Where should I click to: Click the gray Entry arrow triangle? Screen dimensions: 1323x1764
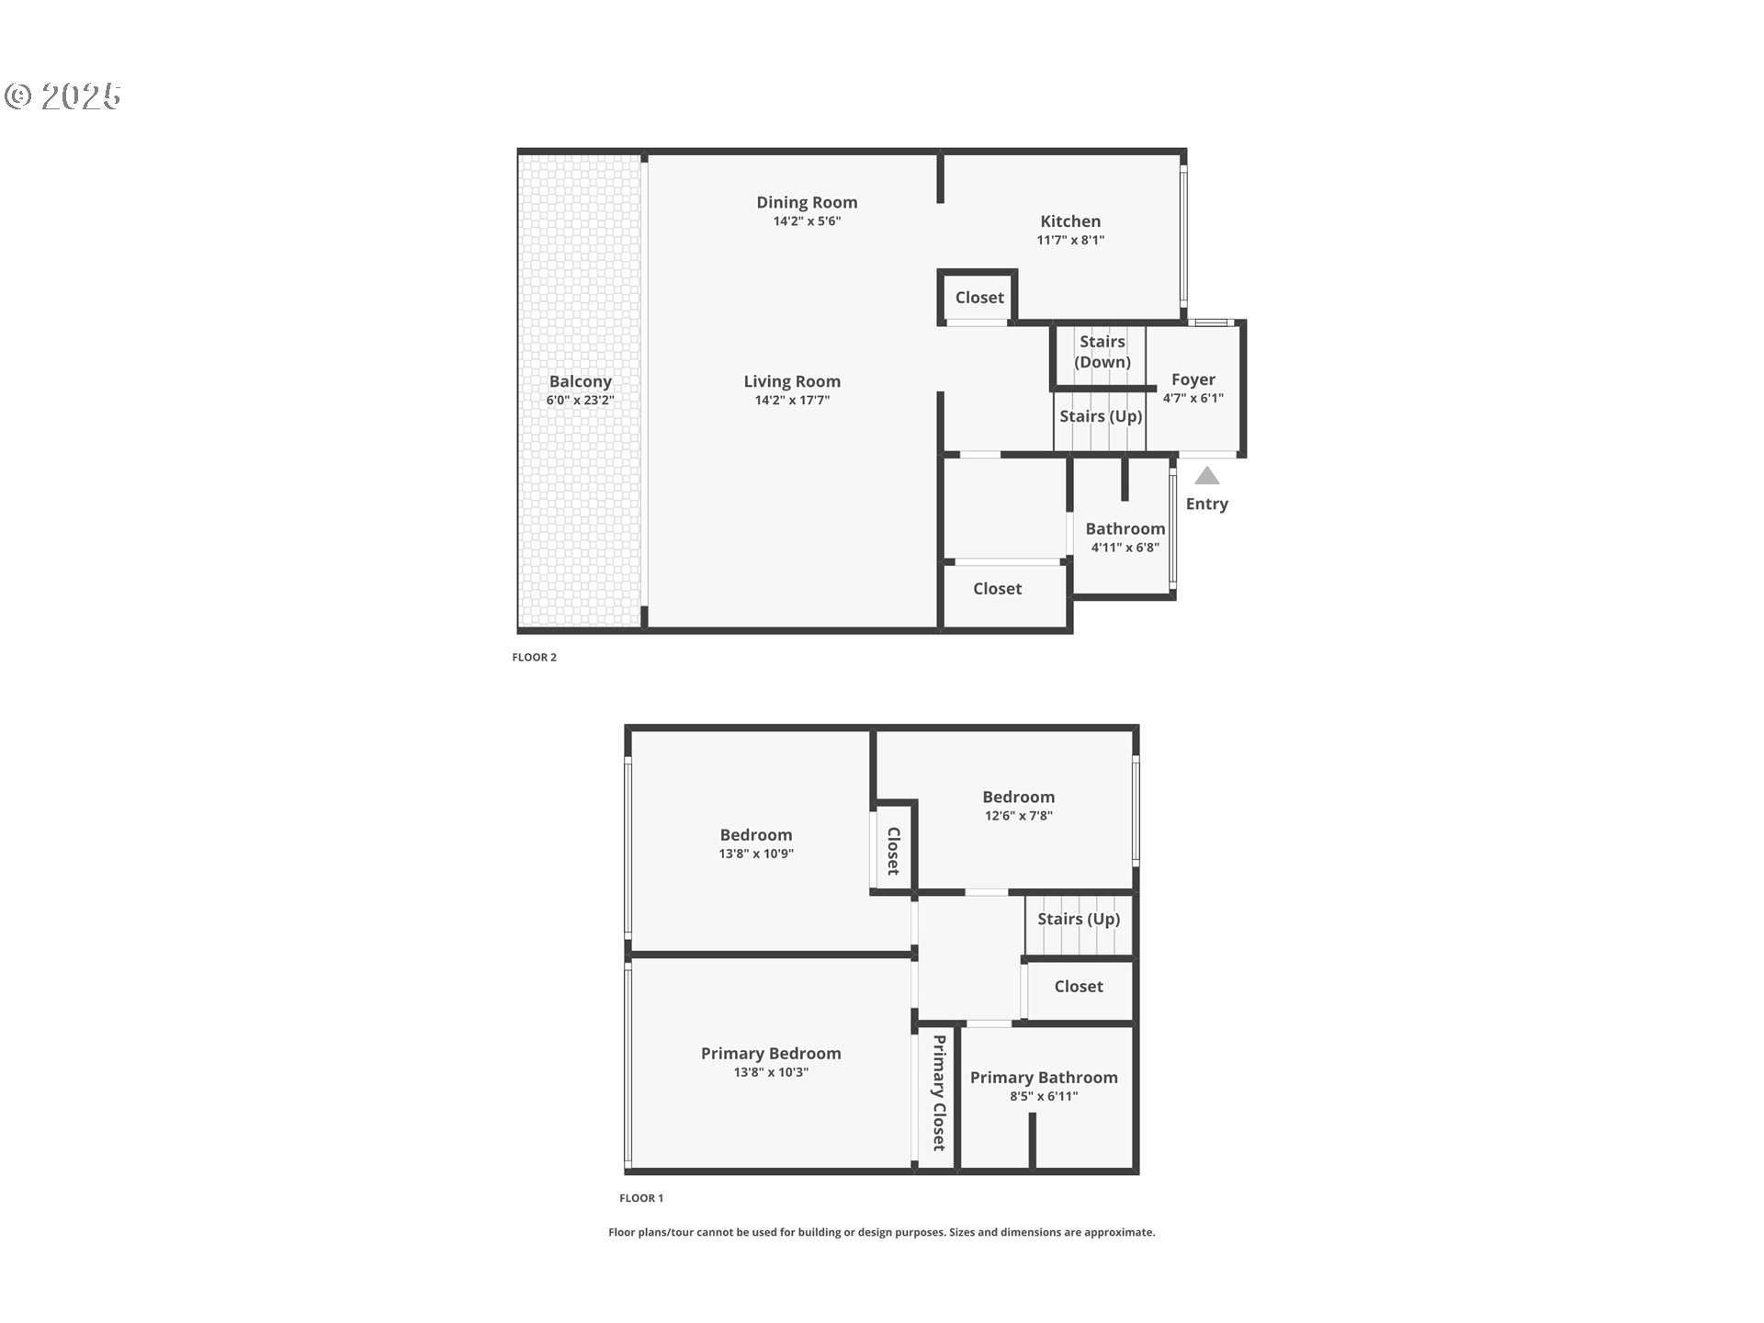pyautogui.click(x=1206, y=476)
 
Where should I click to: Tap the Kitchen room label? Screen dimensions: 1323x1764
pyautogui.click(x=1070, y=221)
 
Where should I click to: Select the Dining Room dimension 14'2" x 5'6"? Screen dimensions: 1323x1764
pyautogui.click(x=807, y=221)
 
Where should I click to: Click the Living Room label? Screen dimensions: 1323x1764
pyautogui.click(x=792, y=381)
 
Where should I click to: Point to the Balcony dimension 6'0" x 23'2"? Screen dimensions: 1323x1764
pyautogui.click(x=580, y=401)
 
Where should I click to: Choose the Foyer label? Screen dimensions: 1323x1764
pyautogui.click(x=1193, y=379)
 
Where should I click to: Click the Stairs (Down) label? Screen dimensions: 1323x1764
pyautogui.click(x=1102, y=352)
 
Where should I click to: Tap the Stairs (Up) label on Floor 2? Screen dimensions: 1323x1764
pyautogui.click(x=1101, y=416)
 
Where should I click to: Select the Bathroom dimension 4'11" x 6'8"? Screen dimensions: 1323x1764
pyautogui.click(x=1125, y=548)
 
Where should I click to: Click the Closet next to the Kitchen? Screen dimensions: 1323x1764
pyautogui.click(x=979, y=298)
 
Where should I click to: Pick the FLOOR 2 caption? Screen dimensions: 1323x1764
pyautogui.click(x=534, y=657)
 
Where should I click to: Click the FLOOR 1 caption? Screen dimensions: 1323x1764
pyautogui.click(x=641, y=1198)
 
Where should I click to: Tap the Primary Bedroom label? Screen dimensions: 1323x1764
pyautogui.click(x=771, y=1054)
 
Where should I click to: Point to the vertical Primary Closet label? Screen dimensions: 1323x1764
pyautogui.click(x=939, y=1092)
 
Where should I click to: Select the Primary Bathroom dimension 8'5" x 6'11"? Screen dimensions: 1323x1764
pyautogui.click(x=1044, y=1096)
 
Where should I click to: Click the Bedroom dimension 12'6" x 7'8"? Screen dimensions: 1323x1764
pyautogui.click(x=1018, y=816)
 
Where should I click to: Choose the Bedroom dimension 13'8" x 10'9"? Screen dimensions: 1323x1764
pyautogui.click(x=755, y=854)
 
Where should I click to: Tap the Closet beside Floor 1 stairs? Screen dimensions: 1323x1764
pyautogui.click(x=1079, y=987)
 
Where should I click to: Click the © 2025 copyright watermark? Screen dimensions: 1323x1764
pyautogui.click(x=63, y=96)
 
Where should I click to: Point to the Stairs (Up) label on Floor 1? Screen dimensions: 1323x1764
pyautogui.click(x=1079, y=919)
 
